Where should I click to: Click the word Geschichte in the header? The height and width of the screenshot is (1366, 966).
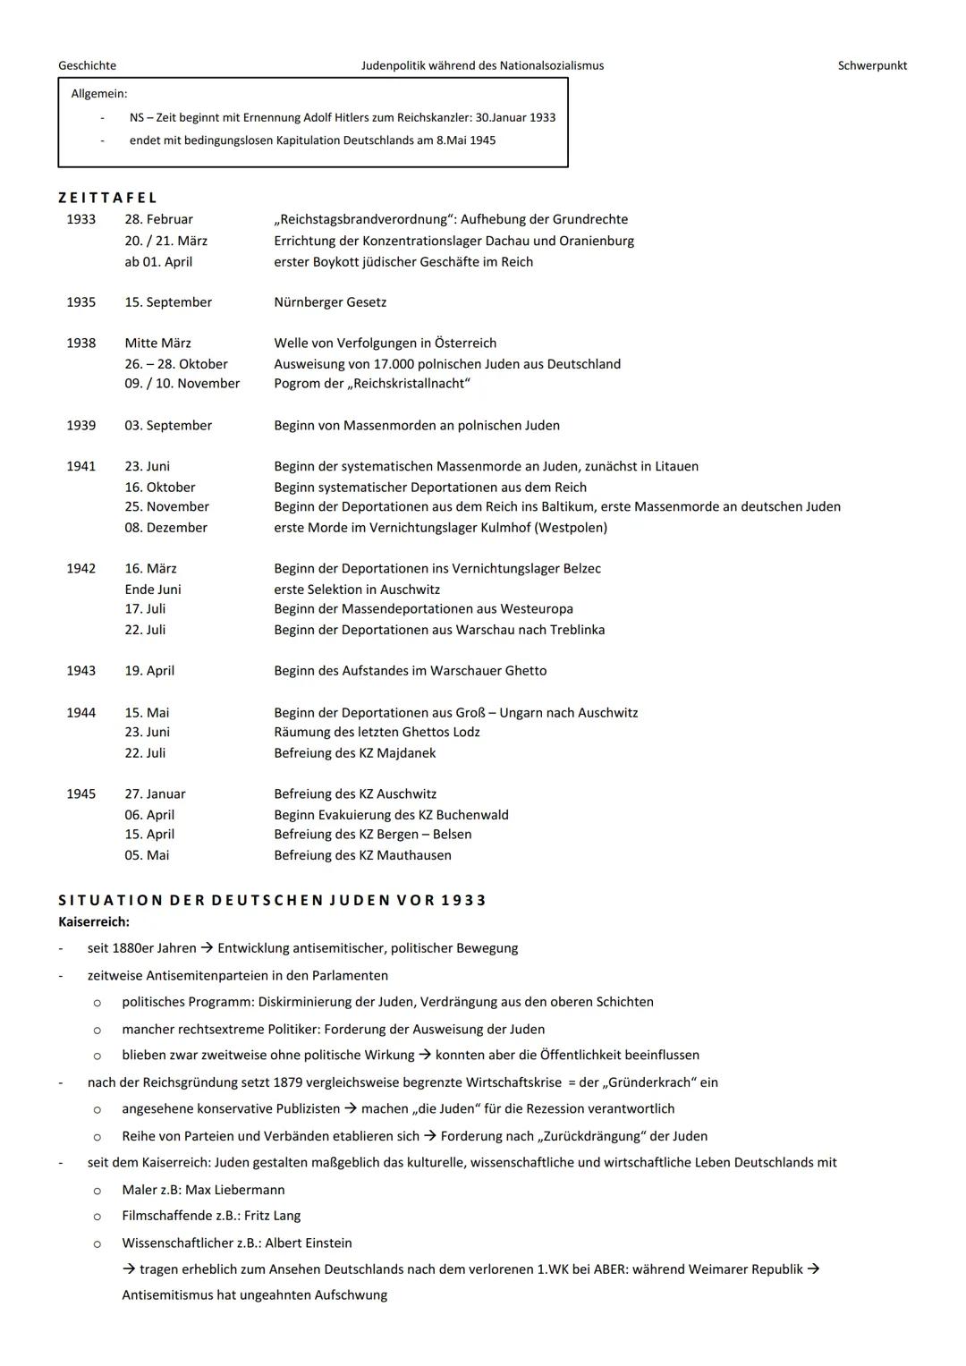click(x=87, y=65)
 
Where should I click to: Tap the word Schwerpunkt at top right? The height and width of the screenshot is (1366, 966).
click(x=872, y=65)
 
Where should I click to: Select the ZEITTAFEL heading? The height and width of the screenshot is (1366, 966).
click(x=108, y=198)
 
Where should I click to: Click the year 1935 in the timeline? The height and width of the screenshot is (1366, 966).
click(x=80, y=302)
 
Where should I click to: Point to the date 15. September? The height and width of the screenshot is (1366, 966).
click(x=168, y=302)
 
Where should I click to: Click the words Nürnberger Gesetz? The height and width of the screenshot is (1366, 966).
click(x=330, y=302)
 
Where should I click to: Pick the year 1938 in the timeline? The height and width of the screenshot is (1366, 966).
click(x=80, y=344)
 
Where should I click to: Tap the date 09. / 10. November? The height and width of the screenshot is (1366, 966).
click(x=182, y=384)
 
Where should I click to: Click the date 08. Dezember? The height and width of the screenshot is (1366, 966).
click(x=165, y=528)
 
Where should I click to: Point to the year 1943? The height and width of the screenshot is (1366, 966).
click(x=80, y=671)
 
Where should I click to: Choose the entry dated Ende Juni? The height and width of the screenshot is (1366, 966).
click(x=153, y=590)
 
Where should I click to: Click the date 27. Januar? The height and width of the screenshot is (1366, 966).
click(x=155, y=794)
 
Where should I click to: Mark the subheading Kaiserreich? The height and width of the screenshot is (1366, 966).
click(x=94, y=922)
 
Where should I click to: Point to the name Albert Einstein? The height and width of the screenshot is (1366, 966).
click(x=309, y=1243)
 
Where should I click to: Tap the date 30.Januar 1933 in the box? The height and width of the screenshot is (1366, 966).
click(x=515, y=118)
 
